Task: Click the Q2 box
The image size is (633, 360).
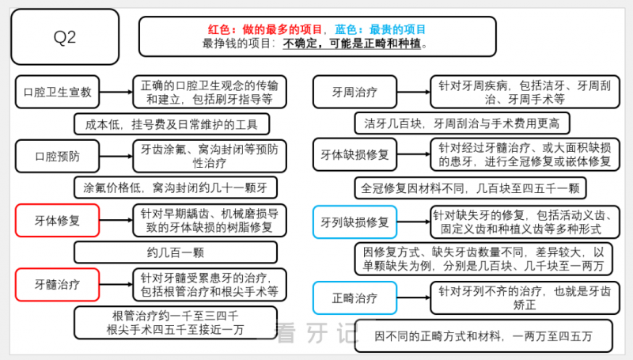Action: (65, 36)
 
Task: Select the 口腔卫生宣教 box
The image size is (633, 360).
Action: (57, 92)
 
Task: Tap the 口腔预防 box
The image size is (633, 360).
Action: (57, 156)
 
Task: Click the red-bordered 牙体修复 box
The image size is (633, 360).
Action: (57, 221)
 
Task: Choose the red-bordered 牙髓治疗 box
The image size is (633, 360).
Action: (57, 285)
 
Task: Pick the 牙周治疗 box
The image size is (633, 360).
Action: (354, 92)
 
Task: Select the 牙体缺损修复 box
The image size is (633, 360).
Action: (354, 154)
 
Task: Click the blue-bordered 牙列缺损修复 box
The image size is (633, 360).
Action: (354, 222)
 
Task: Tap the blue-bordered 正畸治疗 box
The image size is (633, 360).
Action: (354, 297)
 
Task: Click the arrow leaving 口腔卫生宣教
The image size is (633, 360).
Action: (116, 92)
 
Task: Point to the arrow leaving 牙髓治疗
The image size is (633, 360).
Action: (116, 285)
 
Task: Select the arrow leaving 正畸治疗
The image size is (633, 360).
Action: (414, 297)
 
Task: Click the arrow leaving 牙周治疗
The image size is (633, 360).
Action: (414, 92)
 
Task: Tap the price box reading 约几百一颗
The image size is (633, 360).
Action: (176, 252)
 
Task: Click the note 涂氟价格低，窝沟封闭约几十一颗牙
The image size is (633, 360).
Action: (176, 188)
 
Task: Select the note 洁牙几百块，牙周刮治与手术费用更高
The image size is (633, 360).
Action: (462, 123)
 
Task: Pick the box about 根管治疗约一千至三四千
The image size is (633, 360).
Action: (176, 323)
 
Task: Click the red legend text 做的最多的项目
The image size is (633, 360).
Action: (282, 29)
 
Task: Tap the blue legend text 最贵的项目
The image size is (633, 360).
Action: (398, 29)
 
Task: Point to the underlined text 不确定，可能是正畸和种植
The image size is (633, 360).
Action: (351, 44)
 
